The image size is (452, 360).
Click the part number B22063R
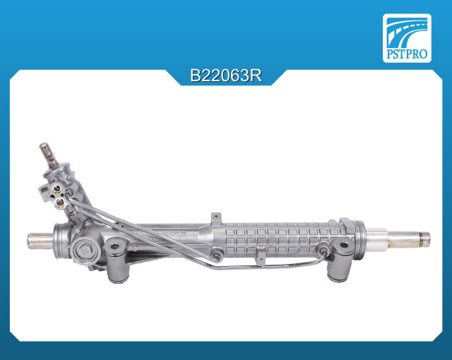[x=226, y=76]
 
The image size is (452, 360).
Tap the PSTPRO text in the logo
[x=407, y=54]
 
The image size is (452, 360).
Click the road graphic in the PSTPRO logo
[x=407, y=32]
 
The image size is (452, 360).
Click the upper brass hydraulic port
[x=56, y=189]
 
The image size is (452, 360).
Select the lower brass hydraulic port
[x=60, y=203]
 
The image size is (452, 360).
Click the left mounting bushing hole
[x=114, y=246]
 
